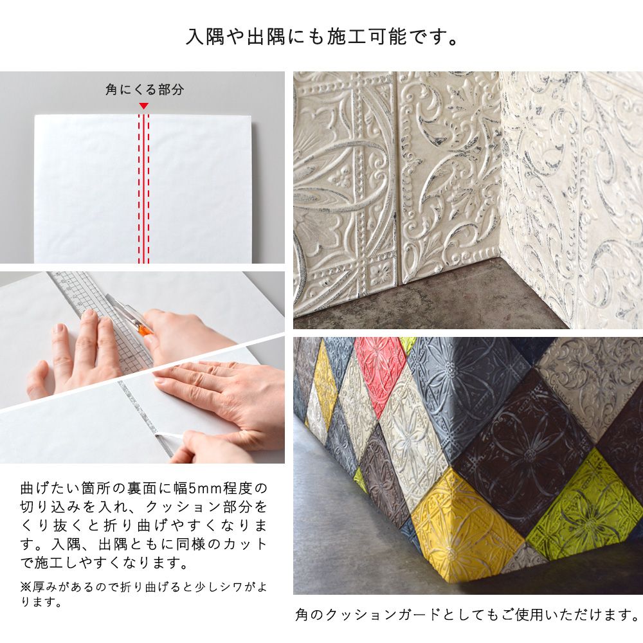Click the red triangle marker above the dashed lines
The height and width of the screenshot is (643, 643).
[x=143, y=106]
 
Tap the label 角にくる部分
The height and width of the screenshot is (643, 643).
[x=145, y=89]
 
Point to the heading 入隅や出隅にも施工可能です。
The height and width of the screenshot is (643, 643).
[x=322, y=37]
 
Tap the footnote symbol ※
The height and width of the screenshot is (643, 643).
[x=26, y=587]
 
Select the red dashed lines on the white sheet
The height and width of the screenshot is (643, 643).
[x=143, y=188]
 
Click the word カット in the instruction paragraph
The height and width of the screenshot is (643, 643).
[x=246, y=545]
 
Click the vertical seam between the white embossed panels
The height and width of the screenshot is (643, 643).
[x=397, y=181]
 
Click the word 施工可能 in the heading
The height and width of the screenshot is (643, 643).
[x=367, y=37]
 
